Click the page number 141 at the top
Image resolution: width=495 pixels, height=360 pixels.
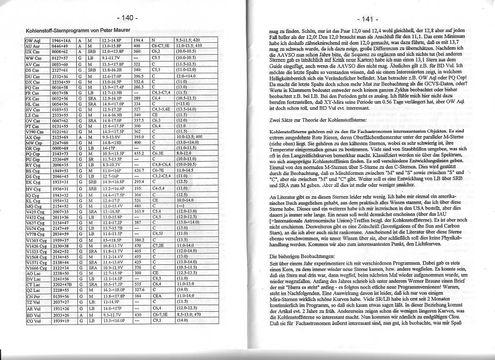(x=367, y=19)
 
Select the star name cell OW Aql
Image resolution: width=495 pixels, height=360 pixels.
(x=33, y=40)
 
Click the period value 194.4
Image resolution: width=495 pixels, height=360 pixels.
(x=138, y=40)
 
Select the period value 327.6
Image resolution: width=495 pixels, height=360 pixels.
(x=138, y=289)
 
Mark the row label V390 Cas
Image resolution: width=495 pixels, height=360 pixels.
(x=34, y=132)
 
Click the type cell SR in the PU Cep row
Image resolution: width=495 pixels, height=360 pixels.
(x=91, y=158)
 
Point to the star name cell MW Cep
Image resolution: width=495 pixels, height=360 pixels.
(x=33, y=143)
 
